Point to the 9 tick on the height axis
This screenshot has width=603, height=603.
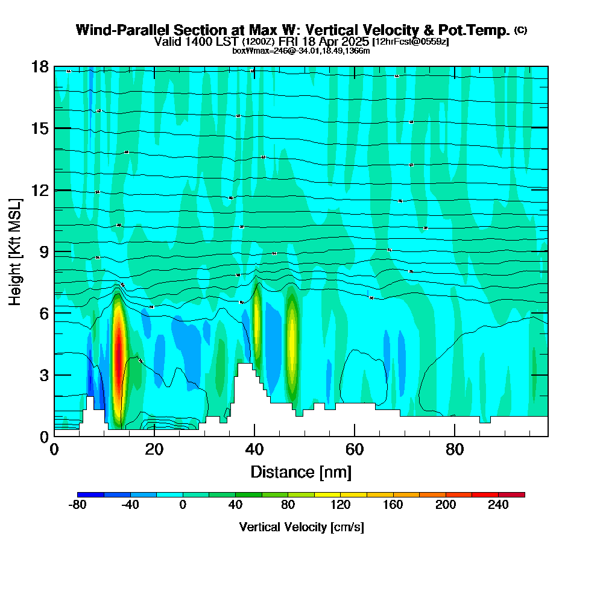pyautogui.click(x=42, y=251)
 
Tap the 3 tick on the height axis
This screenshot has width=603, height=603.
pyautogui.click(x=42, y=374)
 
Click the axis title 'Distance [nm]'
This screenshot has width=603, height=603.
pyautogui.click(x=301, y=472)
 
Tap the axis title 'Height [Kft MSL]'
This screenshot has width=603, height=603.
pyautogui.click(x=15, y=251)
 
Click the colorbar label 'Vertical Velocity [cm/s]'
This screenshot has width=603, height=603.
pyautogui.click(x=301, y=527)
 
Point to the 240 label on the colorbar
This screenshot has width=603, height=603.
pyautogui.click(x=498, y=505)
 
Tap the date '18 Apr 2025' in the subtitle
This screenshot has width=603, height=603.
pyautogui.click(x=336, y=42)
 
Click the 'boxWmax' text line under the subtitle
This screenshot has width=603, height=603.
pyautogui.click(x=301, y=51)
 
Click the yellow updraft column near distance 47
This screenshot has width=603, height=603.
pyautogui.click(x=292, y=338)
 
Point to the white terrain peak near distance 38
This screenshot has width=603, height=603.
pyautogui.click(x=244, y=368)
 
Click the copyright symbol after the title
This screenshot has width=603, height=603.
pyautogui.click(x=521, y=30)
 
